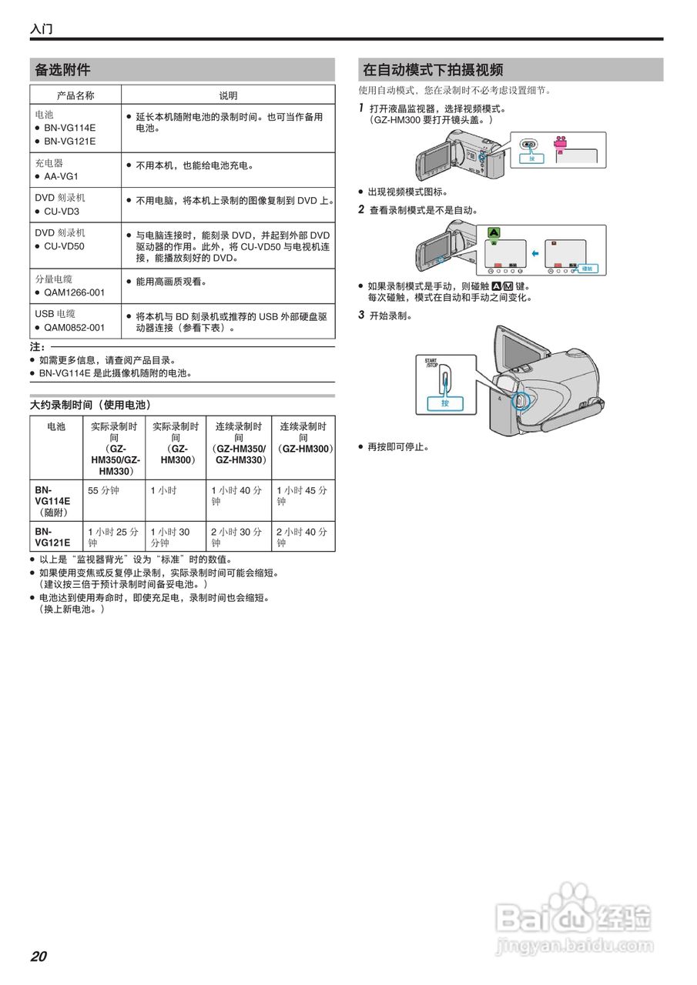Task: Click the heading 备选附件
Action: [x=62, y=70]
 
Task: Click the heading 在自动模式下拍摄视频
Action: [x=433, y=70]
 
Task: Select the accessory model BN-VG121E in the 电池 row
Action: [x=69, y=142]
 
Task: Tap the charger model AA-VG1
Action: [x=62, y=176]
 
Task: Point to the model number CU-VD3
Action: [x=62, y=211]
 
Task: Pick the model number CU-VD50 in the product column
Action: [x=64, y=246]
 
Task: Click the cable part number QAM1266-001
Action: [x=74, y=292]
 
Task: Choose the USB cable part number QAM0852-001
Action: [x=74, y=328]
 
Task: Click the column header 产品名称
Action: [x=75, y=95]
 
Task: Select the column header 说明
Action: [x=228, y=95]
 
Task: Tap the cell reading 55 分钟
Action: [x=103, y=490]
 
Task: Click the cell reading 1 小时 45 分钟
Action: [x=302, y=496]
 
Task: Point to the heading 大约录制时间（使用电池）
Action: [x=90, y=405]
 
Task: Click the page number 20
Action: [x=39, y=957]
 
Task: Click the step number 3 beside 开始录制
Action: [x=361, y=315]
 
